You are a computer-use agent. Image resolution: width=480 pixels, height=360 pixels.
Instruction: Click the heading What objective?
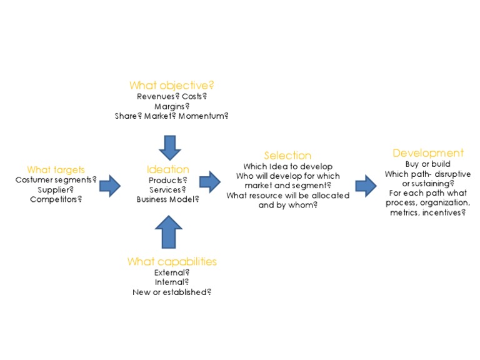point(171,85)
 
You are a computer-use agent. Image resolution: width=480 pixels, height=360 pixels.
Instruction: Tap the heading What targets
point(56,170)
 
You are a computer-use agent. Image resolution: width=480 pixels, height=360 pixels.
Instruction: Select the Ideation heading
point(167,169)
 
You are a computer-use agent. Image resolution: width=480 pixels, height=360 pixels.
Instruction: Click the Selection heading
point(287,156)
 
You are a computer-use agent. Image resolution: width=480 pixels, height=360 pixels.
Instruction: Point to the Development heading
point(428,153)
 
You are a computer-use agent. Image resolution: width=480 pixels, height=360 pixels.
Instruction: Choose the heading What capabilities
point(172,261)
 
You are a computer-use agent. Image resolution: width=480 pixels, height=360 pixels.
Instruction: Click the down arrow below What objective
point(170,147)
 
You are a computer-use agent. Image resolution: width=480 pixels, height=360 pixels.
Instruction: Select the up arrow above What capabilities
point(168,231)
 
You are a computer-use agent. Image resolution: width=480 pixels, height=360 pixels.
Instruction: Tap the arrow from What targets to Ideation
point(110,186)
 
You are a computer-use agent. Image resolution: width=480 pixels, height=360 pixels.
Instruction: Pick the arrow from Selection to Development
point(366,186)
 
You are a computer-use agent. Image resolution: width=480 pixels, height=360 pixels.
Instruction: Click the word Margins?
point(172,106)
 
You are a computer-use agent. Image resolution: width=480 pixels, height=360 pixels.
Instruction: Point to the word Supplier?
point(56,189)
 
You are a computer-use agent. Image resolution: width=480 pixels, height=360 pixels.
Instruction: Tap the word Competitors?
point(56,199)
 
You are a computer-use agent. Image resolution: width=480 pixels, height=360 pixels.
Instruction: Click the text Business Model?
point(167,199)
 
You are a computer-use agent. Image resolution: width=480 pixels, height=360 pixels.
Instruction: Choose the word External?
point(172,272)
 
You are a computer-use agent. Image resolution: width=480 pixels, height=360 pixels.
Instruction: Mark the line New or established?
point(172,292)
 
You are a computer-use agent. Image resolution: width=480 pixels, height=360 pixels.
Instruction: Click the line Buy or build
point(428,164)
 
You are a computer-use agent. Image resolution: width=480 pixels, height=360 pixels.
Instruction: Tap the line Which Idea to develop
point(287,166)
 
